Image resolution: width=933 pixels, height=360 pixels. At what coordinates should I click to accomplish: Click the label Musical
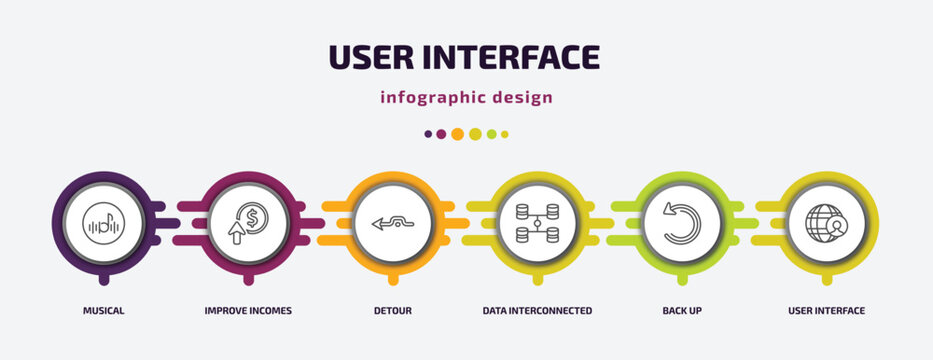(103, 311)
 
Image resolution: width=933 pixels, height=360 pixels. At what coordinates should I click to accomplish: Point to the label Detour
(391, 311)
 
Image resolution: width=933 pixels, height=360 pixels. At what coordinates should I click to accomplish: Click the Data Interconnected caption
(537, 311)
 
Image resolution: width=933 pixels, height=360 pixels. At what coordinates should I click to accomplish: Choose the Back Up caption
(681, 311)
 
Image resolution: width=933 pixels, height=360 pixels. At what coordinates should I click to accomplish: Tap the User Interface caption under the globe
(826, 311)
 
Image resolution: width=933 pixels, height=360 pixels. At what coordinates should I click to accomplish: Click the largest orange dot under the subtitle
(457, 134)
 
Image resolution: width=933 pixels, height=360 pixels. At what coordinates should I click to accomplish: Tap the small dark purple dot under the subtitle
(428, 134)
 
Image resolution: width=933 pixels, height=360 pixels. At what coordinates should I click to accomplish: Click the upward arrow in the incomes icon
(236, 235)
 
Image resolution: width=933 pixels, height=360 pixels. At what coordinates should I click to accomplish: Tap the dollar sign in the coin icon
(253, 216)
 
